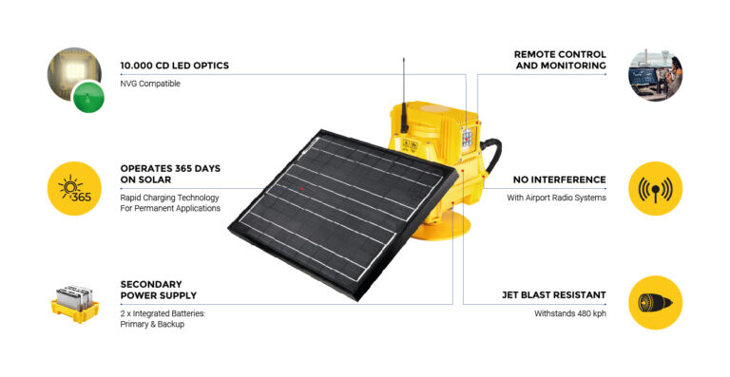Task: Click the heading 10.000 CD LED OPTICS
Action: point(174,66)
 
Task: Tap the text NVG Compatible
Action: point(150,84)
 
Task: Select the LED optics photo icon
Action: point(74,78)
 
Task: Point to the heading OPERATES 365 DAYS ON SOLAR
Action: point(170,174)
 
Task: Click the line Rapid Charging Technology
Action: point(169,197)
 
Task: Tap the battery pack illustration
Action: point(74,303)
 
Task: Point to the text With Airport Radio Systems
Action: point(556,197)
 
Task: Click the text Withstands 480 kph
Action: point(569,313)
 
